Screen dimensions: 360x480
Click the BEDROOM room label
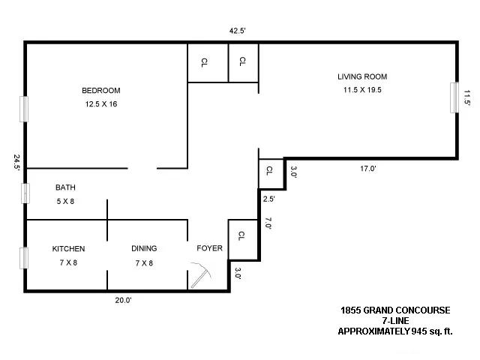click(100, 91)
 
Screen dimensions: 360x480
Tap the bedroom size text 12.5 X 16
click(100, 104)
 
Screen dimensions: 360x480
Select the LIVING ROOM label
click(362, 76)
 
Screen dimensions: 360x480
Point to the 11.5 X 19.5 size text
click(362, 90)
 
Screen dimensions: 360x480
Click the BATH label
click(65, 187)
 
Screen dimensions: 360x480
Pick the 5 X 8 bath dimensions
click(65, 201)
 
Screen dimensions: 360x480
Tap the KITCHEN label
click(68, 249)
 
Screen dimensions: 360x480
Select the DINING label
click(143, 249)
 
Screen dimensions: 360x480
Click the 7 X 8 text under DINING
click(143, 262)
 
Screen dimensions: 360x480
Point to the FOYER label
click(209, 249)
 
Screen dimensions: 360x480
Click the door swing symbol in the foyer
click(200, 274)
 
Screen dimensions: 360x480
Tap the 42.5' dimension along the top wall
click(238, 31)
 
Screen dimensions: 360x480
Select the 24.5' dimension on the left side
click(16, 163)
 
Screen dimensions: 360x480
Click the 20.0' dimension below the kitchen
click(123, 300)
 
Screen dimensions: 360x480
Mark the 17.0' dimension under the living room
click(367, 169)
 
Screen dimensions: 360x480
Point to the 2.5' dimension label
click(269, 199)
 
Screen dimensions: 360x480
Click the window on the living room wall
click(453, 97)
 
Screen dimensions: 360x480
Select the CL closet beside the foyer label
click(241, 236)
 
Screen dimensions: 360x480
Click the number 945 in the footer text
click(416, 331)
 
